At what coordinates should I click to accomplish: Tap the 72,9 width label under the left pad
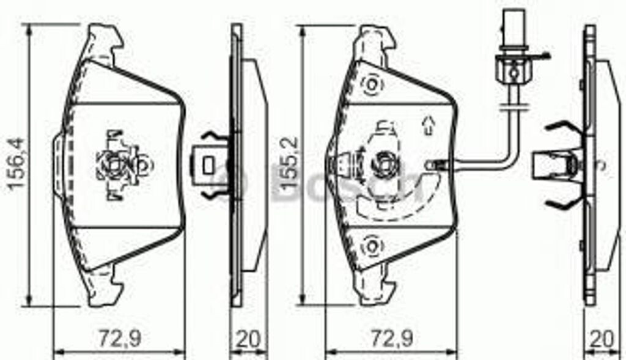click(120, 339)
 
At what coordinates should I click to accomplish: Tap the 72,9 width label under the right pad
click(392, 339)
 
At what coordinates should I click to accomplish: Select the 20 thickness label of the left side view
click(248, 339)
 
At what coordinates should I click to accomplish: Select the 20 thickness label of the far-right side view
click(602, 339)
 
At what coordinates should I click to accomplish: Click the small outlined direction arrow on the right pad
click(429, 125)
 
